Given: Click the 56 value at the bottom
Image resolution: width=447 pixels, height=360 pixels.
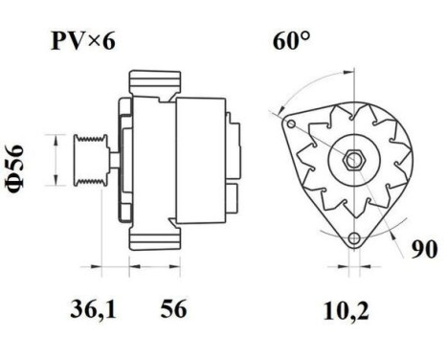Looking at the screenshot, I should (x=171, y=309).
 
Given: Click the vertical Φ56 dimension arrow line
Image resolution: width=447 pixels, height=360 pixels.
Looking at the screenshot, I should (x=59, y=160).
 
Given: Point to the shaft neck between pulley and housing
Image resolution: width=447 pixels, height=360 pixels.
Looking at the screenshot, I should (x=112, y=160).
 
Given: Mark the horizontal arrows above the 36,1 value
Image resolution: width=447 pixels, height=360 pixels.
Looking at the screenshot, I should (x=113, y=267).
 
